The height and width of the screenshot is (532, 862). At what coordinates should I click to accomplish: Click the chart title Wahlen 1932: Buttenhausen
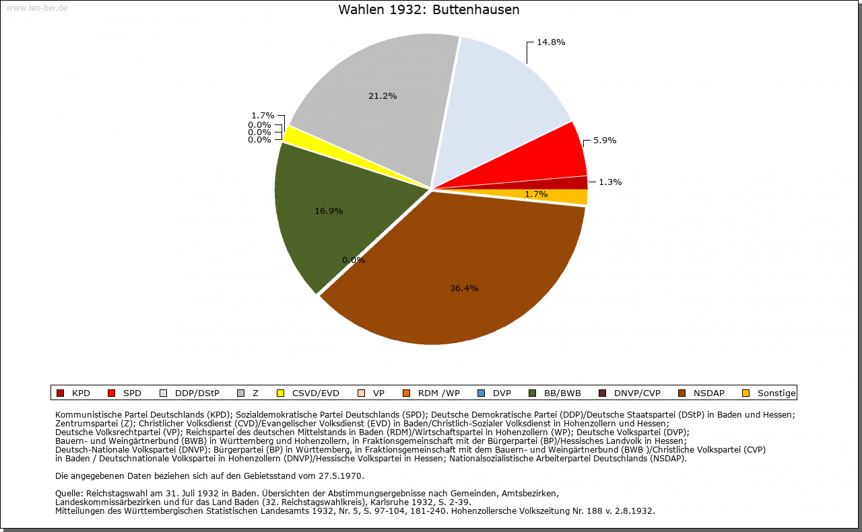tap(428, 10)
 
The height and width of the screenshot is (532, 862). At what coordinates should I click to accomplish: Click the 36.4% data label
tap(464, 289)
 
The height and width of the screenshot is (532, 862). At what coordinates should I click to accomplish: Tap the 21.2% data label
tap(383, 96)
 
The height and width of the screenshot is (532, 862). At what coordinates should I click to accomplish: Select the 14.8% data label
tap(550, 42)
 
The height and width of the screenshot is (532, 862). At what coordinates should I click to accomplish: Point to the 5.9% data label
tap(604, 141)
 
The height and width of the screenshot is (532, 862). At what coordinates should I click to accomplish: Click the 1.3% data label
tap(609, 182)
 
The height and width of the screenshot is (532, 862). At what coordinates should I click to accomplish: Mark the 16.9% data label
tap(329, 211)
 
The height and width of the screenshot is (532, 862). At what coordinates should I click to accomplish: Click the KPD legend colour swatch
tap(60, 393)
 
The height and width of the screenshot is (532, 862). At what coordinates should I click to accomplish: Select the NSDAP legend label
tap(709, 393)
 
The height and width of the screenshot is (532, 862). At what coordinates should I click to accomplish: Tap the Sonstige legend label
tap(776, 393)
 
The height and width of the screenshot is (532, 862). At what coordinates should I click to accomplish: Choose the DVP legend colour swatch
tap(481, 393)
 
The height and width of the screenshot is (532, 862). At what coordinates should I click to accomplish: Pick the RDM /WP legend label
tap(438, 393)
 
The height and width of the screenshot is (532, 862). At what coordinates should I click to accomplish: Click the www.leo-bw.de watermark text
tap(36, 8)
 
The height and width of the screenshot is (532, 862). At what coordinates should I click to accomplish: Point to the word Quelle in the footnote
tap(69, 494)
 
